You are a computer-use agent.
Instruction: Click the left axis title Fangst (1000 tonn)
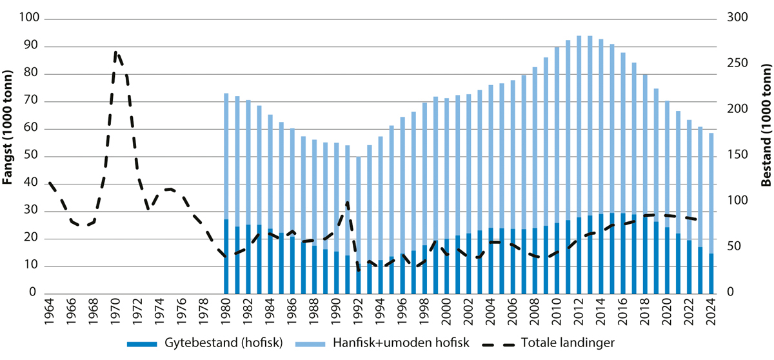[9, 157]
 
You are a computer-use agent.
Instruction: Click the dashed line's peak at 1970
[116, 52]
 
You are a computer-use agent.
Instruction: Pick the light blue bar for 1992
[358, 213]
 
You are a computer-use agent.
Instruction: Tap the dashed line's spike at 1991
[348, 203]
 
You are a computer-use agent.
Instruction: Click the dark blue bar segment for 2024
[710, 274]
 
